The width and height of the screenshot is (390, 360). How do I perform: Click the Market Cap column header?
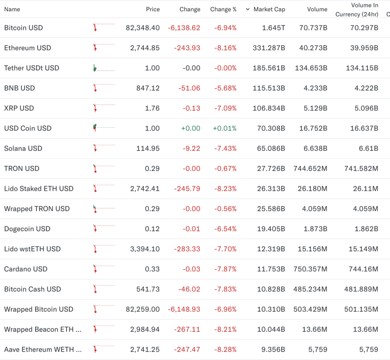point(269,9)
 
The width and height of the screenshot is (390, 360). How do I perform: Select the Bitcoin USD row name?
point(23,28)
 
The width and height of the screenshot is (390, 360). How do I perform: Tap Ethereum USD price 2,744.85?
point(145,48)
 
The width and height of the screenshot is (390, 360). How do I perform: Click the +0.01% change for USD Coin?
point(224,128)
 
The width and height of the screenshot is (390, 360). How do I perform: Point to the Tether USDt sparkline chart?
point(103,68)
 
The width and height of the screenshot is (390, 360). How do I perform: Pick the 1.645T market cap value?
point(273,28)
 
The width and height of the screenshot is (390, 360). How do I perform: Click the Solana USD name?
point(23,148)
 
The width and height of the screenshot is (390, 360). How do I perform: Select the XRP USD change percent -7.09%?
point(225,108)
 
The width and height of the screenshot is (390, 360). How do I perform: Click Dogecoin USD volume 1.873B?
point(315,229)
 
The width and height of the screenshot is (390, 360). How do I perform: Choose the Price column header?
point(153,9)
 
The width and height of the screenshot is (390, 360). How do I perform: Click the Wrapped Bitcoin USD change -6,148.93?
point(184,309)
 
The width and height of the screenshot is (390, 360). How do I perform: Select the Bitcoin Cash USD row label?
point(33,289)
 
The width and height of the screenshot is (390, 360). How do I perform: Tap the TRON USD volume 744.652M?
point(311,168)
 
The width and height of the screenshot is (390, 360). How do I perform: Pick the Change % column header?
point(223,9)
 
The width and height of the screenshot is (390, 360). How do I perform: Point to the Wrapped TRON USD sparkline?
point(103,209)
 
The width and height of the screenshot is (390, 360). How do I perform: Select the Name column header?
point(12,9)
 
